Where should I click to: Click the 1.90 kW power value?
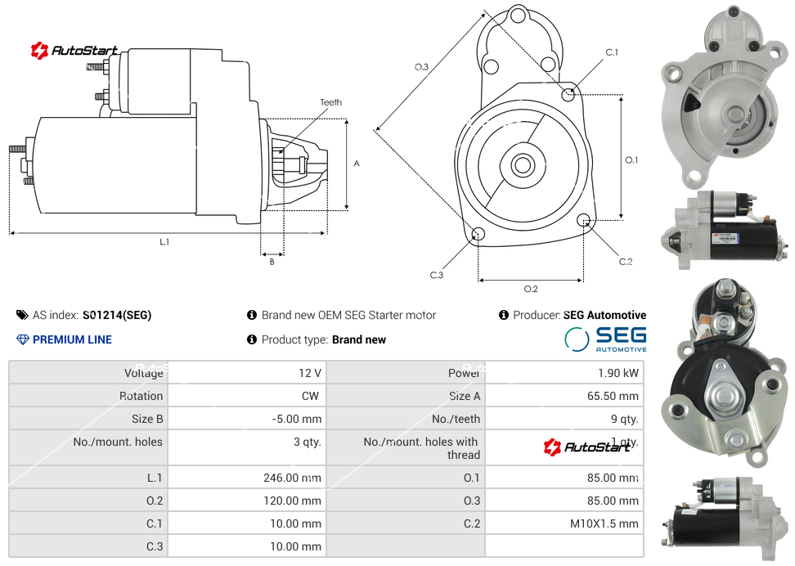(x=618, y=373)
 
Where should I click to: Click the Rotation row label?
(x=141, y=396)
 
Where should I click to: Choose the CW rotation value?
(x=312, y=396)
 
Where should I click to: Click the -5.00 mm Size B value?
(x=297, y=419)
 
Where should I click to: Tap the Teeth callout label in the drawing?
(x=330, y=102)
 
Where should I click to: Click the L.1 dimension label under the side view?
(x=164, y=242)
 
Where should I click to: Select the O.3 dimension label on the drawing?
(x=421, y=67)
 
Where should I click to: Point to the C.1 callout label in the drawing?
(x=612, y=52)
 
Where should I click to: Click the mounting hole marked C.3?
(x=478, y=236)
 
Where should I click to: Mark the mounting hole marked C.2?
(x=584, y=220)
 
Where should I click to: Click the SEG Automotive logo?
(x=605, y=339)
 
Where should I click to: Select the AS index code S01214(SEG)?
(x=117, y=315)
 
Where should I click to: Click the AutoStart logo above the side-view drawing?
(x=74, y=51)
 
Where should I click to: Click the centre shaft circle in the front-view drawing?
(x=522, y=165)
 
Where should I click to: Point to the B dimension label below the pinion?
(x=272, y=262)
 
